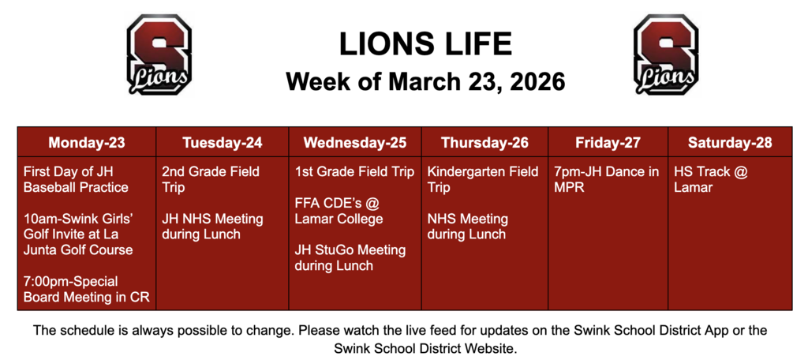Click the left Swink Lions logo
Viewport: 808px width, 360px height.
[159, 54]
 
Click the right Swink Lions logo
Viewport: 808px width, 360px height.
[667, 54]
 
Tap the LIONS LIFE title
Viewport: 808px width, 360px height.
[425, 44]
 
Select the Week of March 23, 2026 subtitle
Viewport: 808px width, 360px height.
[425, 81]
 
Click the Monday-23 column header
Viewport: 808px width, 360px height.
[87, 143]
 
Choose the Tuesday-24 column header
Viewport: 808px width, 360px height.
[223, 143]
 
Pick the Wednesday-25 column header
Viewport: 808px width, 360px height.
[355, 143]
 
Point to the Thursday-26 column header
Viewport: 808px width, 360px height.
[484, 143]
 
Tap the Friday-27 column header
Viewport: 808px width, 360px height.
[608, 143]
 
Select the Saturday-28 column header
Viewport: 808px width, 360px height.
[730, 143]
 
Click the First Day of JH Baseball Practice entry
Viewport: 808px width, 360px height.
[76, 179]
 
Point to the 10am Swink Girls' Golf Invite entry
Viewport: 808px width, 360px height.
[78, 234]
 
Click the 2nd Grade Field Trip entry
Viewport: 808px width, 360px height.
[211, 179]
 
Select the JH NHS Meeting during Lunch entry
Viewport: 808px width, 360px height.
[212, 227]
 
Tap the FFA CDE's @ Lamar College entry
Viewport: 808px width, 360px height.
[339, 211]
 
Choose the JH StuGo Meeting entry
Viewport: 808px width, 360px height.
[350, 258]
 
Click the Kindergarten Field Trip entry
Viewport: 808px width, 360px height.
[483, 179]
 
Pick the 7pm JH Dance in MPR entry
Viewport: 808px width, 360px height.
[607, 179]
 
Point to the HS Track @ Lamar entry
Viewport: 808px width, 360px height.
[710, 179]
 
